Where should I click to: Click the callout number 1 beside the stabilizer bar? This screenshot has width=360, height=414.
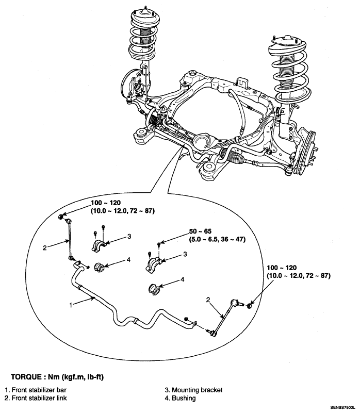coord(71,305)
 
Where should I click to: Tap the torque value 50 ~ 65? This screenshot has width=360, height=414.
coord(200,231)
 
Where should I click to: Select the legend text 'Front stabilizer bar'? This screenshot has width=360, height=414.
coord(39,390)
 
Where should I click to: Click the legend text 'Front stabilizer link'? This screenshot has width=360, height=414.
coord(39,398)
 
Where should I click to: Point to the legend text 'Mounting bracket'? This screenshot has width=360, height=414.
coord(198,390)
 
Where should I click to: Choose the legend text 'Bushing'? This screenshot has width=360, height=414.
coord(184,398)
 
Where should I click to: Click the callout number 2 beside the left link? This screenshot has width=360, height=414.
coord(45,248)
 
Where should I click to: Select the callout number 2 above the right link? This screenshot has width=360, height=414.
coord(208,300)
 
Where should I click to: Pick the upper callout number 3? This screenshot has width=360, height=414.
coord(129,236)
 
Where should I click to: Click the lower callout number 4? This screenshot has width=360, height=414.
coord(183,279)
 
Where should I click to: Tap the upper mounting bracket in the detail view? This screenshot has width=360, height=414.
coord(99,245)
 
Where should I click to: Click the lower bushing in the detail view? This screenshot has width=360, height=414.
coord(154,289)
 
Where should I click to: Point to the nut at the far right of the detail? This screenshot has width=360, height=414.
coord(249,306)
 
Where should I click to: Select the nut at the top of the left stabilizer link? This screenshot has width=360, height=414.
coord(61,217)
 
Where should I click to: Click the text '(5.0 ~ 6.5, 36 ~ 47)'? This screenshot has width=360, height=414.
coord(217,239)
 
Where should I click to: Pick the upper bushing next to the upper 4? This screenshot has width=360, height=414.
coord(99,267)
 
